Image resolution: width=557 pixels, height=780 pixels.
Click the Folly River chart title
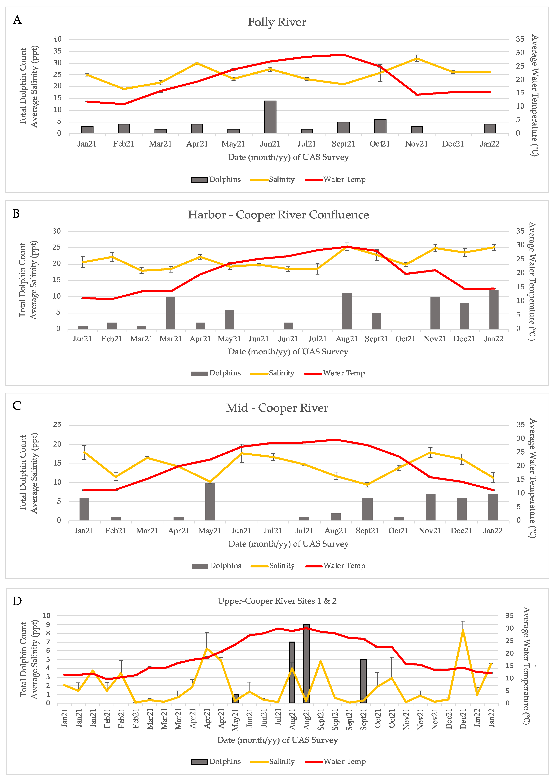pyautogui.click(x=277, y=22)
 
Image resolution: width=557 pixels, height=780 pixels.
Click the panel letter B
pyautogui.click(x=16, y=214)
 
